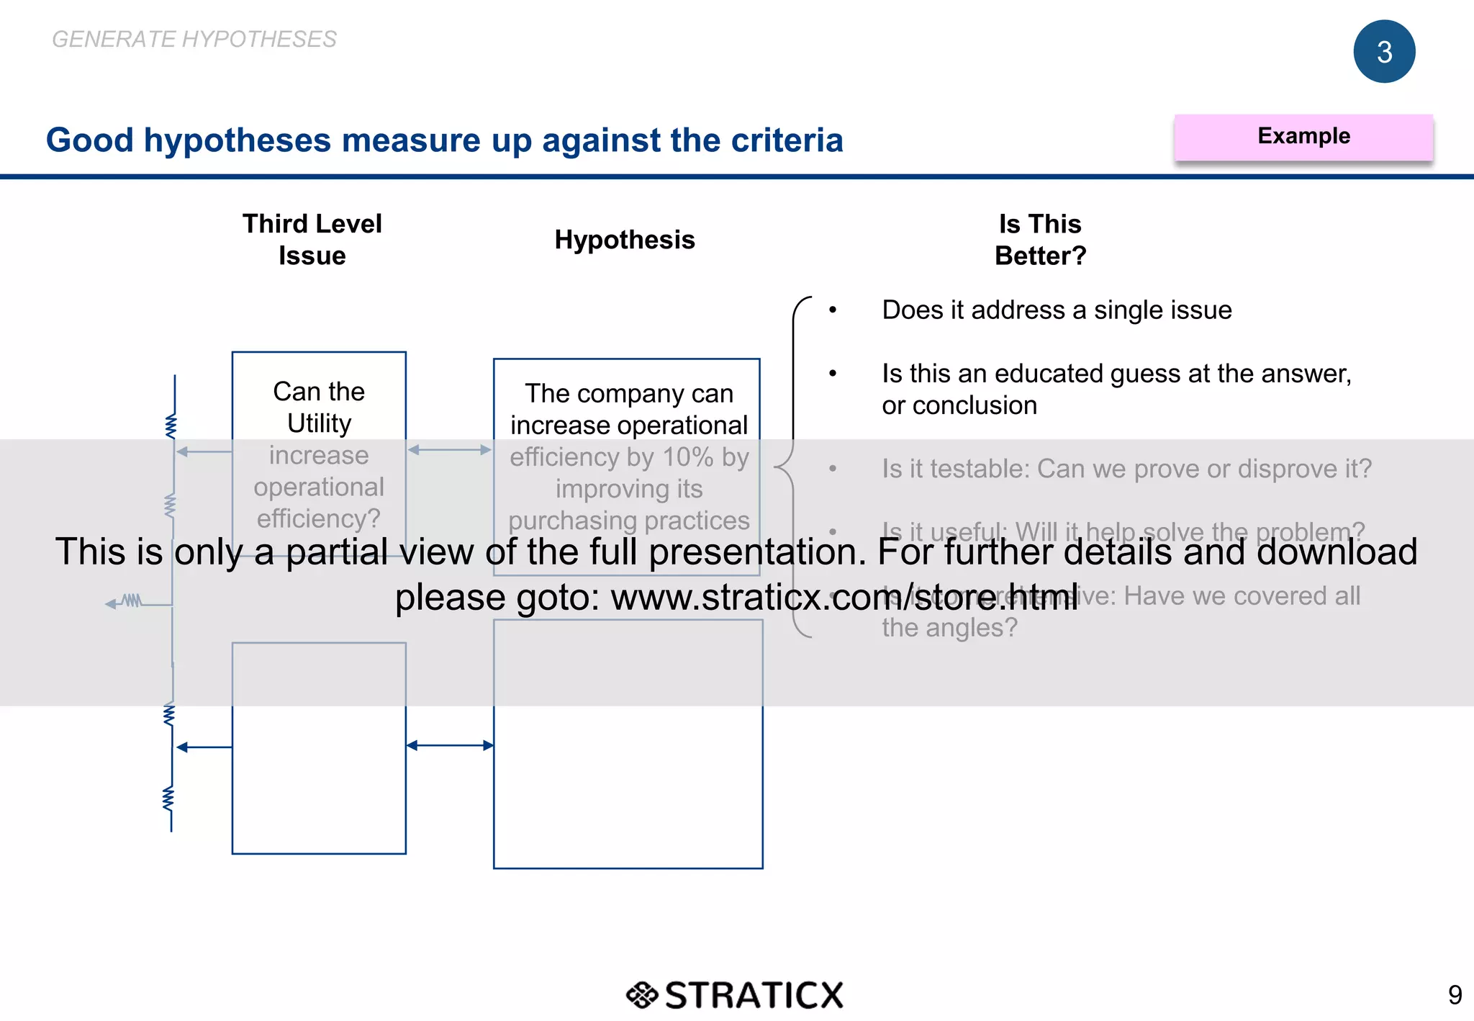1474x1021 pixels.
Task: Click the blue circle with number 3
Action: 1383,52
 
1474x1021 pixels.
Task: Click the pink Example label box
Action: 1303,137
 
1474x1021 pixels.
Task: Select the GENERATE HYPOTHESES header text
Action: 194,39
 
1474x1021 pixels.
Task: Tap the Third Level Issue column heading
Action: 312,239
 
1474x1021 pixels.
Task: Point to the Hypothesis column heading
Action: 624,240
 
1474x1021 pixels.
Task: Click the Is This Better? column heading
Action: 1040,239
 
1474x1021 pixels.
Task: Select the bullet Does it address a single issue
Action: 1056,310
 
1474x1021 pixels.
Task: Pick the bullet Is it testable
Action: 1126,469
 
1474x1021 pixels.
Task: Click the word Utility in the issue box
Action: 319,423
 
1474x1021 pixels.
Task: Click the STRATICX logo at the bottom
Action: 734,995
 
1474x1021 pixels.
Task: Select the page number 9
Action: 1454,995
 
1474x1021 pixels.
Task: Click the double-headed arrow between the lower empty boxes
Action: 450,745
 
